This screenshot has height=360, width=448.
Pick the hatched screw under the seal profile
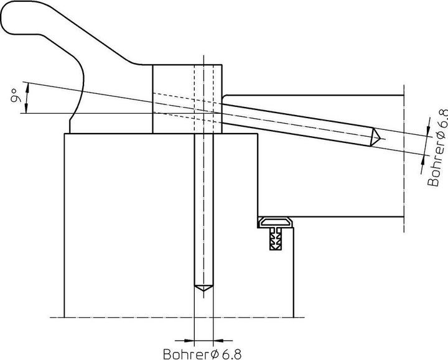pyautogui.click(x=275, y=239)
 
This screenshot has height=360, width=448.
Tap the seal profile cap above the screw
pyautogui.click(x=276, y=221)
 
